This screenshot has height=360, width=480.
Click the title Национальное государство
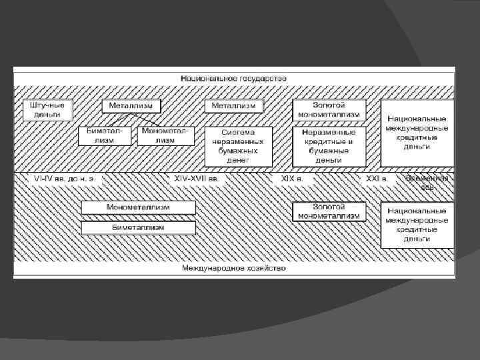tap(233, 79)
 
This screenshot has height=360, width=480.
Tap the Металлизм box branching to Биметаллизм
tap(131, 106)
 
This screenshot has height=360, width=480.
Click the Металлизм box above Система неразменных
tap(233, 106)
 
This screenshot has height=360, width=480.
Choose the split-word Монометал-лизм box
tap(165, 135)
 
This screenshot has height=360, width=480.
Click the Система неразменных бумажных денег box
tap(238, 146)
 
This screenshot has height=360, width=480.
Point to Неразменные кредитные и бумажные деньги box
tap(329, 146)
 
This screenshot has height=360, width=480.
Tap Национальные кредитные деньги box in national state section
tap(417, 133)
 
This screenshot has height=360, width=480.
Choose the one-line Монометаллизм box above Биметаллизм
tap(139, 207)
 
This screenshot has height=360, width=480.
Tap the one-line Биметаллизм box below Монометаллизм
tap(139, 228)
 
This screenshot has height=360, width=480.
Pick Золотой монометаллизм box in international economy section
tap(329, 211)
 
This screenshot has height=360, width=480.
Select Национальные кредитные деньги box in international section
tap(417, 224)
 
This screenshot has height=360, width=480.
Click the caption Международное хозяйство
tap(233, 268)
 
